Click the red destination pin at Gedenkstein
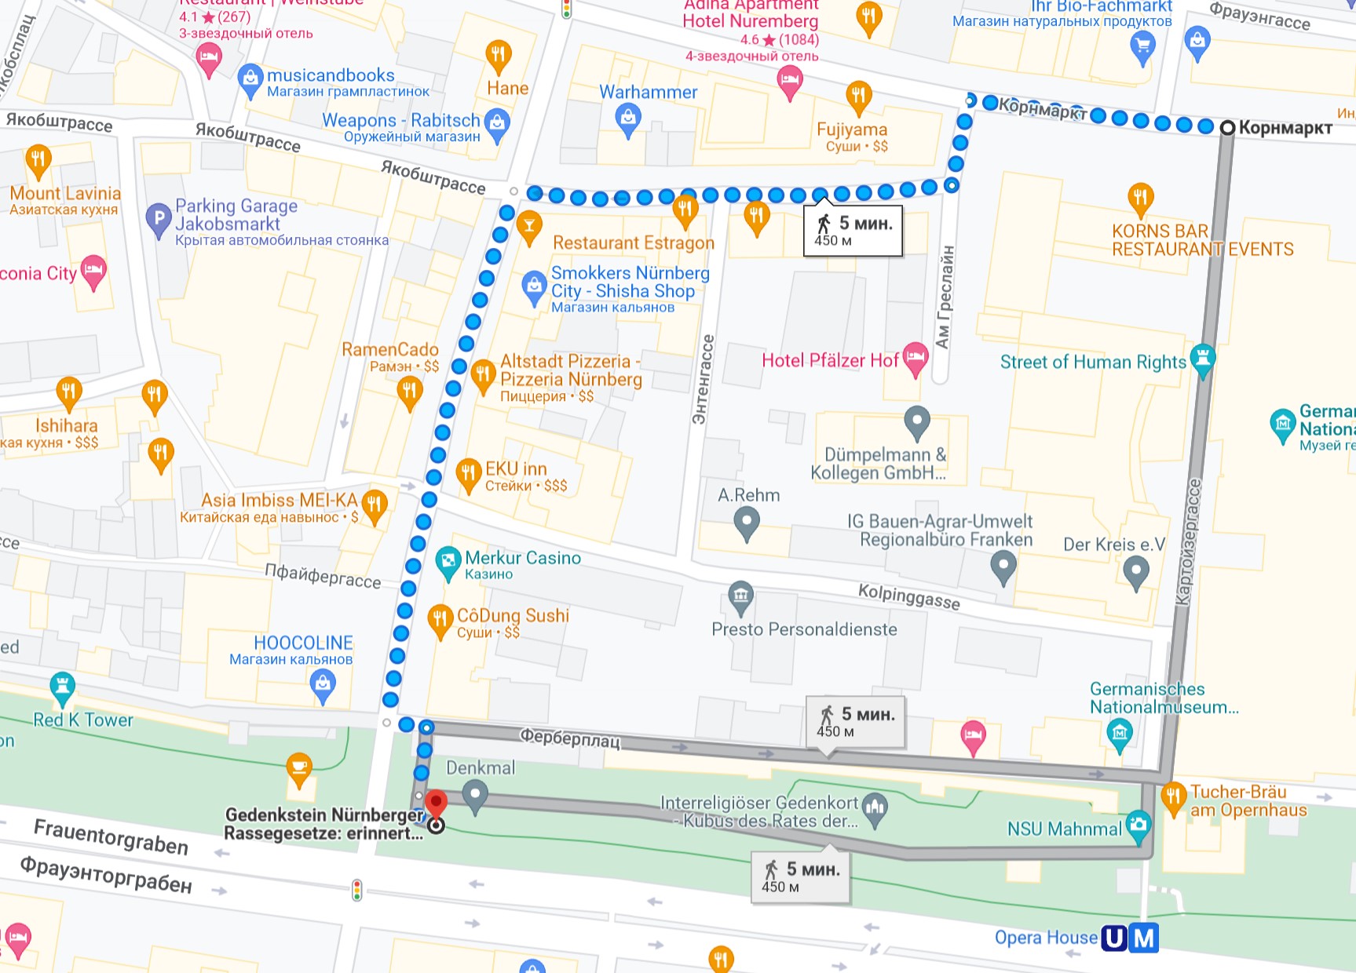(436, 804)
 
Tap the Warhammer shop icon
(627, 118)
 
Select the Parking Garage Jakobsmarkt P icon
(159, 218)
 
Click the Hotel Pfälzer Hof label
(830, 360)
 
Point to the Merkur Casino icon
(448, 561)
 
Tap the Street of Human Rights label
(1092, 362)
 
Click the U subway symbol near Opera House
(1114, 938)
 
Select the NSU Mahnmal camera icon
(1138, 825)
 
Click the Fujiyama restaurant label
(852, 129)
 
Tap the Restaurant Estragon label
(633, 243)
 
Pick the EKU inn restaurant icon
(469, 473)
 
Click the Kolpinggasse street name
(908, 596)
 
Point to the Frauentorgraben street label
(111, 836)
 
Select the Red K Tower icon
(62, 687)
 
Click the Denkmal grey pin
(474, 795)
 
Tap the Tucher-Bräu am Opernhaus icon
(1173, 797)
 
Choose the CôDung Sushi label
(513, 615)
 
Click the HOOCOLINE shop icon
(323, 685)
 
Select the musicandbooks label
(331, 75)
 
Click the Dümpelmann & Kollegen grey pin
(916, 421)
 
